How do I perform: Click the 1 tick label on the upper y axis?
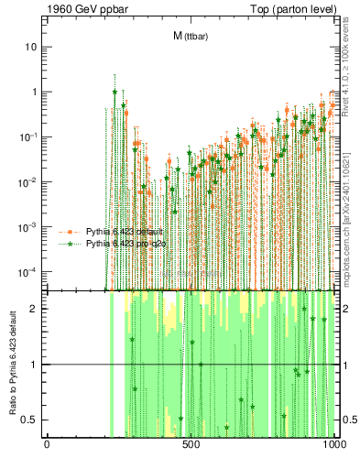pyautogui.click(x=34, y=92)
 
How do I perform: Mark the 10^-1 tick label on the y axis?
pyautogui.click(x=28, y=136)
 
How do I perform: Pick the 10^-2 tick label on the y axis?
pyautogui.click(x=28, y=181)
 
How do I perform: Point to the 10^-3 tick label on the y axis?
pyautogui.click(x=28, y=226)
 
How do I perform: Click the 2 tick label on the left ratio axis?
pyautogui.click(x=34, y=309)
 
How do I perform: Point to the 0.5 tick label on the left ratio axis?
pyautogui.click(x=30, y=420)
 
